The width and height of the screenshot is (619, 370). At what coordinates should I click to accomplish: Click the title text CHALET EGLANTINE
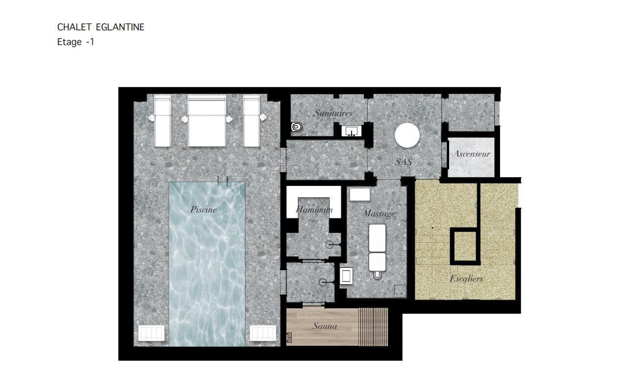100,27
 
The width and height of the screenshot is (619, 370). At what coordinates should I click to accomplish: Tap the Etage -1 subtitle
76,42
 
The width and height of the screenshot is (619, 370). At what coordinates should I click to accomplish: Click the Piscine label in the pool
203,209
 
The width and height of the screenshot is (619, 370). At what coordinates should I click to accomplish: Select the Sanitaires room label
333,113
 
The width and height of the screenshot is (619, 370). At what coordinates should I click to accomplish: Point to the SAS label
404,162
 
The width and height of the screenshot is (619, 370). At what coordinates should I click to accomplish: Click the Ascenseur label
472,154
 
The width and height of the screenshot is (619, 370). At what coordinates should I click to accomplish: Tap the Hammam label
314,209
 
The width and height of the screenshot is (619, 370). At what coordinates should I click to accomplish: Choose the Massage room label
379,213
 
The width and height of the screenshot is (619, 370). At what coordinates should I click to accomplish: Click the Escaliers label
467,278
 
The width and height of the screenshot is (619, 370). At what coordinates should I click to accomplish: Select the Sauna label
325,326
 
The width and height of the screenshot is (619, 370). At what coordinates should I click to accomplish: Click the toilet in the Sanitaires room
296,127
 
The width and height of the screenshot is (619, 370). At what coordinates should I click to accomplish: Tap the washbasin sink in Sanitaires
351,131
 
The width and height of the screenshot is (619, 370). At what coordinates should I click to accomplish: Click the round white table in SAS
407,135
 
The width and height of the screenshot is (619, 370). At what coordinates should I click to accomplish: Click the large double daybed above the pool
207,121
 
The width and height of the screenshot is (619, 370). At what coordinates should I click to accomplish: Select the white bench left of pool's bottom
151,333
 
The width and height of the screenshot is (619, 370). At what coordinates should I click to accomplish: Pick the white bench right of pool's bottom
263,333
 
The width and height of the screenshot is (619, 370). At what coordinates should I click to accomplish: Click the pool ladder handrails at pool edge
222,181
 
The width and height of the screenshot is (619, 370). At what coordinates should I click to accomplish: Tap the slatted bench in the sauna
373,327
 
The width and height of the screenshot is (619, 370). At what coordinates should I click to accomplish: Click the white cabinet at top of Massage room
360,194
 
